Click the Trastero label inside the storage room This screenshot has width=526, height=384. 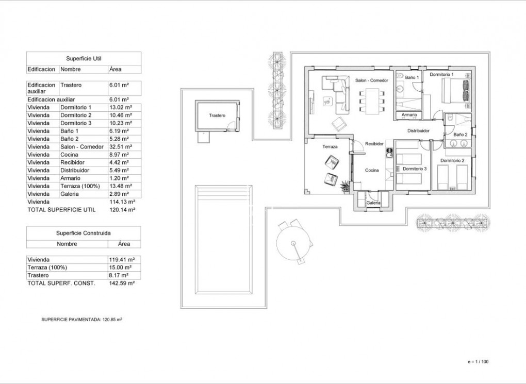(217, 115)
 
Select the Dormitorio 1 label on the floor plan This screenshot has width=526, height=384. (442, 75)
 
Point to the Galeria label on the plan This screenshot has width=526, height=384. (373, 203)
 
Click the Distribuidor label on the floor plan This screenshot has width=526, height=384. (418, 131)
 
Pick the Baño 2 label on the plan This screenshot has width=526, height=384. (461, 135)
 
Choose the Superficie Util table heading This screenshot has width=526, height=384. (84, 59)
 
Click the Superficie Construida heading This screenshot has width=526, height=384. (84, 233)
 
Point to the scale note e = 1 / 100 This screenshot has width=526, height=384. (478, 361)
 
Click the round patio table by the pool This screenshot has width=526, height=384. (292, 243)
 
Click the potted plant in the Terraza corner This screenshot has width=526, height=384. (345, 185)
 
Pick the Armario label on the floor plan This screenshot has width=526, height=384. (409, 115)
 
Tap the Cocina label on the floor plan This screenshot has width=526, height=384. (372, 171)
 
